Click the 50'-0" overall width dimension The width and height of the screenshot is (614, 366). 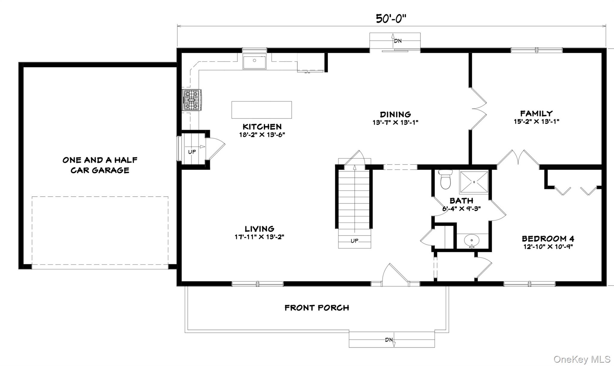pos(391,19)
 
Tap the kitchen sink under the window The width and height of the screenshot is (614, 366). pos(254,61)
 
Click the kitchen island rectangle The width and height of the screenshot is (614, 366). pos(261,110)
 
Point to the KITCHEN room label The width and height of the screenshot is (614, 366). pos(262,126)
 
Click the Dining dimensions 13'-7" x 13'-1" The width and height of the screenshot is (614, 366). pos(395,122)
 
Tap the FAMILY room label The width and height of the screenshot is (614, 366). pos(536,113)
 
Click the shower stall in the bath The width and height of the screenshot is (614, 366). pos(474,182)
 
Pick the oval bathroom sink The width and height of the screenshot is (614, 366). pos(472,240)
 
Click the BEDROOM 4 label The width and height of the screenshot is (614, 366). pos(548,239)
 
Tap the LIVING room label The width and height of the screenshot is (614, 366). pos(259,229)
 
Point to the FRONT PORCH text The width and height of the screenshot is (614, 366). pos(317,308)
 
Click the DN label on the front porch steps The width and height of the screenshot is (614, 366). pos(389,340)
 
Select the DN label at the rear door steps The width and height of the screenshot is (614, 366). pos(398,41)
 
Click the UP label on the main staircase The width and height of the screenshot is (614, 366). pos(354,241)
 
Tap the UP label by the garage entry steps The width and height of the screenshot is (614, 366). pos(192,152)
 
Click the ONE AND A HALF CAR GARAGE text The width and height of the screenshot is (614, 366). pos(100,165)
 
